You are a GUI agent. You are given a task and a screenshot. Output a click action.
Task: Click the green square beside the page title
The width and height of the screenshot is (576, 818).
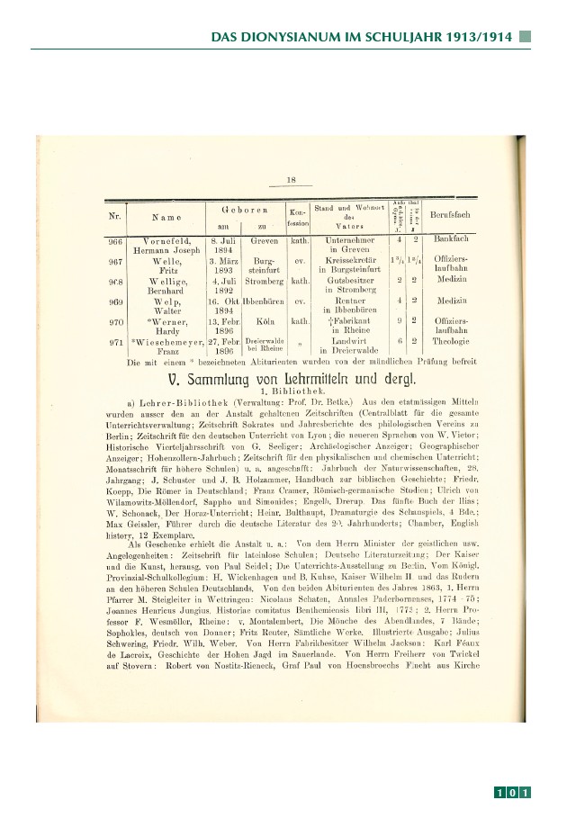(x=526, y=38)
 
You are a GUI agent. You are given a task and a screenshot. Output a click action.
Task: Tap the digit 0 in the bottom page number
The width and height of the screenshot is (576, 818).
(x=512, y=793)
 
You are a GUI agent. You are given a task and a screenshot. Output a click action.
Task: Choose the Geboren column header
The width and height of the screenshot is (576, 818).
(x=239, y=209)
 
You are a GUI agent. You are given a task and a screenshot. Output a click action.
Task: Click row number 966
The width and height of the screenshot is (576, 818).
(x=115, y=241)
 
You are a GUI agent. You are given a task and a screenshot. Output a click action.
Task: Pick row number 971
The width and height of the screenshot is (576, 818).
(x=115, y=343)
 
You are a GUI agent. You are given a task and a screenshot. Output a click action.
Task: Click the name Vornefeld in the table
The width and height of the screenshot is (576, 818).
(x=166, y=241)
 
